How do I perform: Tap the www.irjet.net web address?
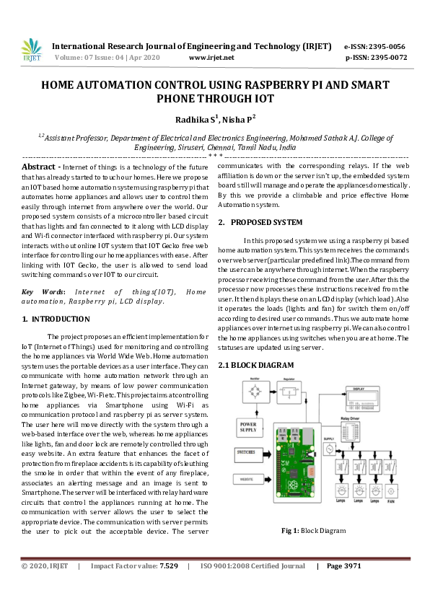pyautogui.click(x=211, y=56)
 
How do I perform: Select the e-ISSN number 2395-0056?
pyautogui.click(x=385, y=45)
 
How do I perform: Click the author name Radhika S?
pyautogui.click(x=185, y=120)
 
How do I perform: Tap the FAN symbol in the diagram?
pyautogui.click(x=391, y=493)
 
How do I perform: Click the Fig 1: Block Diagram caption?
pyautogui.click(x=313, y=531)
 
